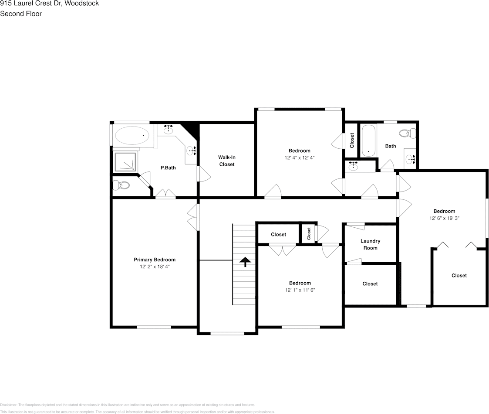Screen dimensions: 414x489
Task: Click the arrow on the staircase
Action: (x=245, y=262)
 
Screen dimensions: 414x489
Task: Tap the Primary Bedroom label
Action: (x=155, y=260)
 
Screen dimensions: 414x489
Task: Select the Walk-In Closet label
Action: (x=226, y=161)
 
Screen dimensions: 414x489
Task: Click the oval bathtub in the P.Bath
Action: (x=132, y=136)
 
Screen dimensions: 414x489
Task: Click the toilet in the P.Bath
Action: (x=121, y=186)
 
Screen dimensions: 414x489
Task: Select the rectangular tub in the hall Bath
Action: (x=368, y=141)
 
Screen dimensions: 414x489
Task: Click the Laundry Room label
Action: (x=370, y=244)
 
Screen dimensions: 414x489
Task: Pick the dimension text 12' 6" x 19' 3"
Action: (x=444, y=218)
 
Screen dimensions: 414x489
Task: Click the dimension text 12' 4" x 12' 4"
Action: (x=300, y=157)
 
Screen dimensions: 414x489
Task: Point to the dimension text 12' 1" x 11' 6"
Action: (x=300, y=290)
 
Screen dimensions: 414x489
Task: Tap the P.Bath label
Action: (x=168, y=168)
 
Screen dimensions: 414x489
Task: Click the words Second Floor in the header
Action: (x=21, y=14)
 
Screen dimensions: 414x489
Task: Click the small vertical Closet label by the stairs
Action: (x=309, y=234)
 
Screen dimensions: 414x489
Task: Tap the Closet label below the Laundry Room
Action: (x=370, y=284)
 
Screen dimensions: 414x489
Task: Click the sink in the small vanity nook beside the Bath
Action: (x=353, y=166)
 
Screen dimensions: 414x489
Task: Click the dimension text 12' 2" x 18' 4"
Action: (x=155, y=266)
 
